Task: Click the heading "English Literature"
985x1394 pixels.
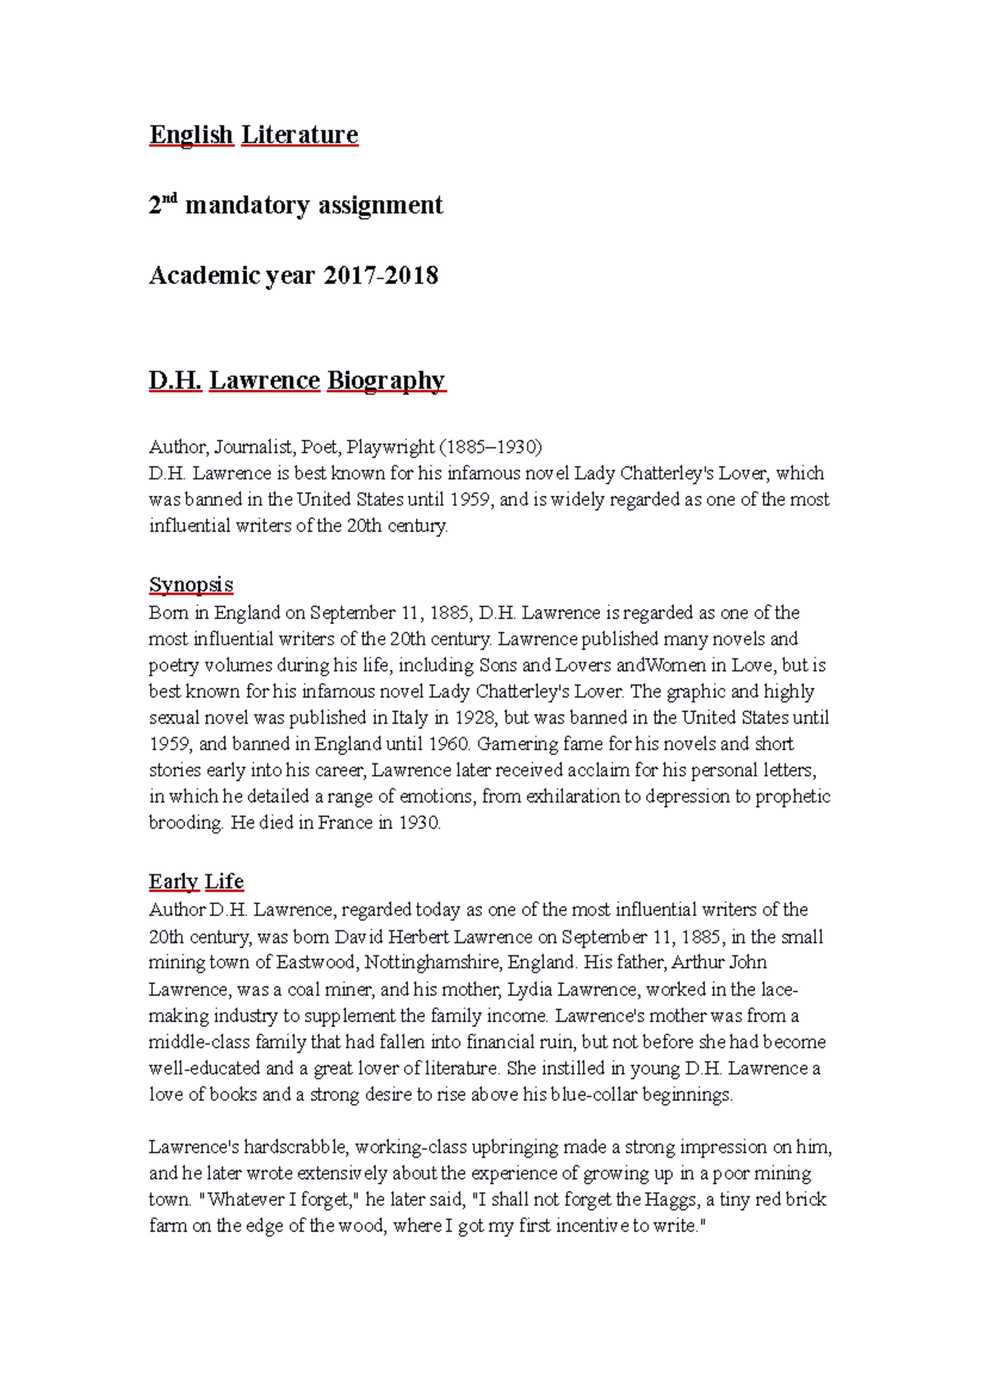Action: point(254,134)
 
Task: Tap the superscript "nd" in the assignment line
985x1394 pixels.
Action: point(170,199)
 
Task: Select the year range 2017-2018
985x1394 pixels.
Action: point(381,275)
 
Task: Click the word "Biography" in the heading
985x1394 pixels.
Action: point(386,380)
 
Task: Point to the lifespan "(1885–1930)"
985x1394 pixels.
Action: point(491,447)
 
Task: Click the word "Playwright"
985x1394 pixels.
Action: point(390,447)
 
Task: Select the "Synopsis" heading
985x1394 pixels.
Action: point(191,585)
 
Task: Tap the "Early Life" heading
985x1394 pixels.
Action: point(196,881)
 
